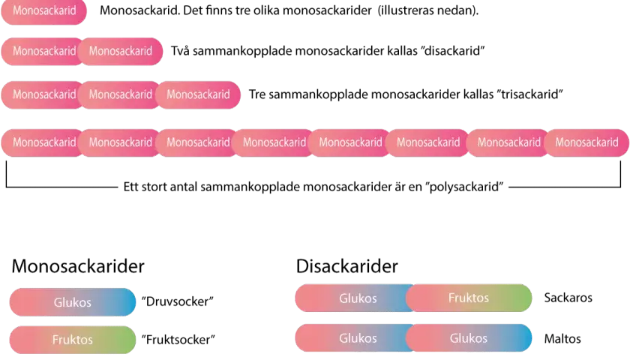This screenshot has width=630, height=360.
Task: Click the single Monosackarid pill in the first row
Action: pos(43,10)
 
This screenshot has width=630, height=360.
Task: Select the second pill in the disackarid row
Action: pos(121,52)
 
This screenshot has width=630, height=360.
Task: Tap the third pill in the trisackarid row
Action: pos(198,94)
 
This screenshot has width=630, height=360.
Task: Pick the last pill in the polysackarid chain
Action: pos(586,142)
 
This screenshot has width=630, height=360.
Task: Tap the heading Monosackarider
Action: pos(78,266)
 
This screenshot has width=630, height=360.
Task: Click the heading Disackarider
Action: pos(347,266)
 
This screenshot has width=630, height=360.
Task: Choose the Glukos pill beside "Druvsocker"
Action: pos(73,302)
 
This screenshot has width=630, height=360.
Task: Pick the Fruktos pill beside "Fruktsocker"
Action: pos(73,340)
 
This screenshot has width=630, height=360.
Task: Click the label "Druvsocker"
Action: pos(178,301)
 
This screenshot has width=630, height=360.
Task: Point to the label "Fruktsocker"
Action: pos(178,340)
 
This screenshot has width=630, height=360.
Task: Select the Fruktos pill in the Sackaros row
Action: pos(469,298)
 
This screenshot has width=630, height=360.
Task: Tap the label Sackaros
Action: pos(568,298)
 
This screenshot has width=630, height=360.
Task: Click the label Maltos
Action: pos(562,339)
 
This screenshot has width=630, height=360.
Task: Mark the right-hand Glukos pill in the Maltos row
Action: pos(469,338)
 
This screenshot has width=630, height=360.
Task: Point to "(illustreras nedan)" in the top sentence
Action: pos(428,10)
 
